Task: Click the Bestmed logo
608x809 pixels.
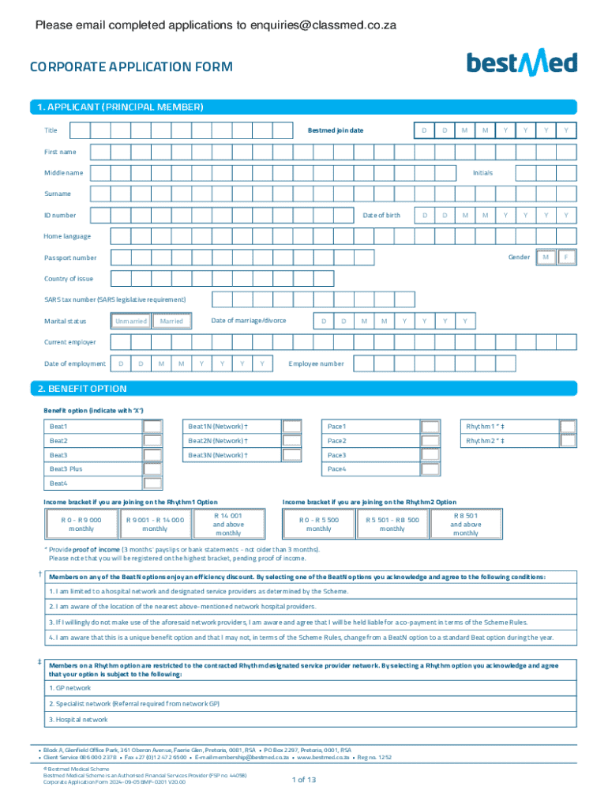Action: (x=522, y=63)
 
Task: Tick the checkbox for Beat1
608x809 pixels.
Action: (x=152, y=427)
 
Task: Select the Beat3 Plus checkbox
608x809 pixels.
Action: (x=152, y=469)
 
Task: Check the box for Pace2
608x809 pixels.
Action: (x=430, y=441)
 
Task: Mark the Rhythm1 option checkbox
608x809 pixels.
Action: (x=568, y=427)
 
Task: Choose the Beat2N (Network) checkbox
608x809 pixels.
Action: (x=292, y=441)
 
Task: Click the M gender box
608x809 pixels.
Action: (x=545, y=258)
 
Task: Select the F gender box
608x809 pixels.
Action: (x=566, y=258)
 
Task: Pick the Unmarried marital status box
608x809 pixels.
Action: (x=131, y=321)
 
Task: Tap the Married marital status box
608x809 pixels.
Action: (x=171, y=321)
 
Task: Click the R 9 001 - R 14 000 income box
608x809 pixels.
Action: (x=155, y=525)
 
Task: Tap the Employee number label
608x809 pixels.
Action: (x=317, y=363)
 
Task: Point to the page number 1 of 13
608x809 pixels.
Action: (x=304, y=780)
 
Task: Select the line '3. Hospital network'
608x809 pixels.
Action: (x=78, y=720)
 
